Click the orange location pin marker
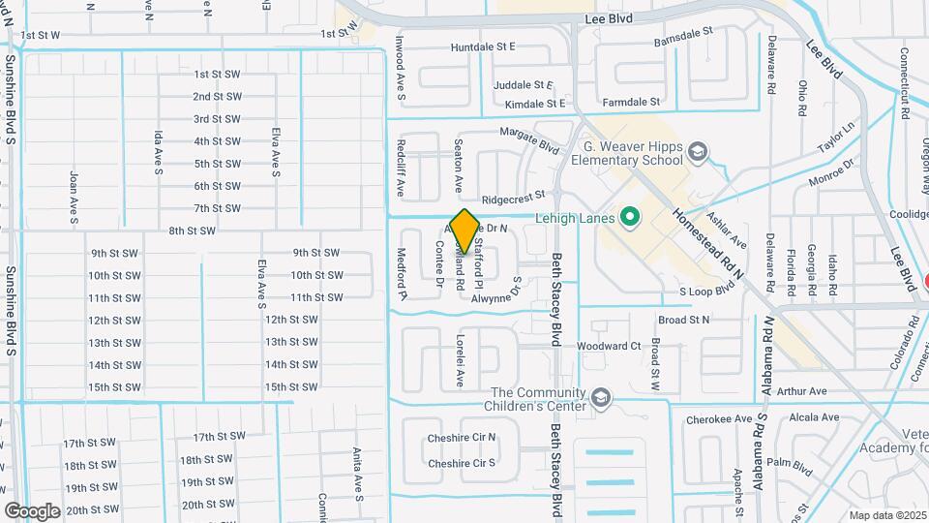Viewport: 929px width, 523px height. pyautogui.click(x=464, y=231)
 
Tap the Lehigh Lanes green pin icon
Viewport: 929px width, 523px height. pyautogui.click(x=631, y=217)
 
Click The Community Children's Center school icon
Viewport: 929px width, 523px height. pyautogui.click(x=602, y=398)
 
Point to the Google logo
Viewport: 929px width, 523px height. pyautogui.click(x=32, y=510)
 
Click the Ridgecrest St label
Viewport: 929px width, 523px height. pyautogui.click(x=515, y=200)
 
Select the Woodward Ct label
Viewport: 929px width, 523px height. pyautogui.click(x=609, y=346)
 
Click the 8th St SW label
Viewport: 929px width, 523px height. pyautogui.click(x=191, y=231)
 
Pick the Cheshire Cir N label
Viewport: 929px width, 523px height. pyautogui.click(x=462, y=438)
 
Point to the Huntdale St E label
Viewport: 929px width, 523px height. pyautogui.click(x=483, y=46)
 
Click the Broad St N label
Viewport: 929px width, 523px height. pyautogui.click(x=683, y=319)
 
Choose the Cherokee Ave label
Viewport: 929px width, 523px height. pyautogui.click(x=719, y=419)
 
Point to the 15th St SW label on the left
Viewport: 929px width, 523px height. pyautogui.click(x=114, y=386)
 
